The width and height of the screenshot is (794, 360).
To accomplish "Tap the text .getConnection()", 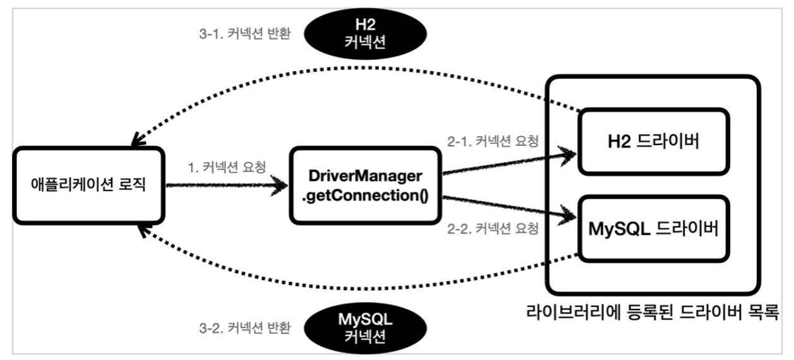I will point(365,195).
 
